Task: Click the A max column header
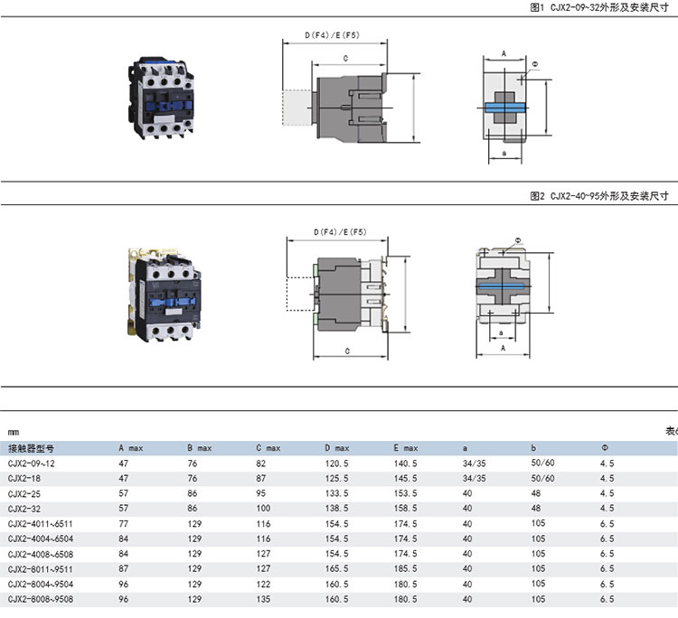(x=130, y=448)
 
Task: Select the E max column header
(x=406, y=448)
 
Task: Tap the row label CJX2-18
(x=24, y=479)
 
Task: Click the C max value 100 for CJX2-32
(x=263, y=509)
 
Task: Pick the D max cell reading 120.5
(x=337, y=463)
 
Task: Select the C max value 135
(x=263, y=599)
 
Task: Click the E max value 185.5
(x=406, y=569)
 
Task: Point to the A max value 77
(x=124, y=524)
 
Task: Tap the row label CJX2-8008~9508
(x=41, y=599)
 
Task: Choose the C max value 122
(x=263, y=585)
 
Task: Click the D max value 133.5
(x=337, y=493)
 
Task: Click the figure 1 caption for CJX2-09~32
(x=599, y=7)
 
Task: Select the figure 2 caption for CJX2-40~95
(x=599, y=196)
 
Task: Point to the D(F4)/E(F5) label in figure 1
(x=332, y=35)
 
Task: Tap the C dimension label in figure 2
(x=347, y=351)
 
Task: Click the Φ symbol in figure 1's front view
(x=535, y=64)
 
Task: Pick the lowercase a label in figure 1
(x=504, y=153)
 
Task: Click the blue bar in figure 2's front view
(x=504, y=286)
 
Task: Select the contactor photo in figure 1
(x=160, y=98)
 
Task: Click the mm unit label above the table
(x=14, y=432)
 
